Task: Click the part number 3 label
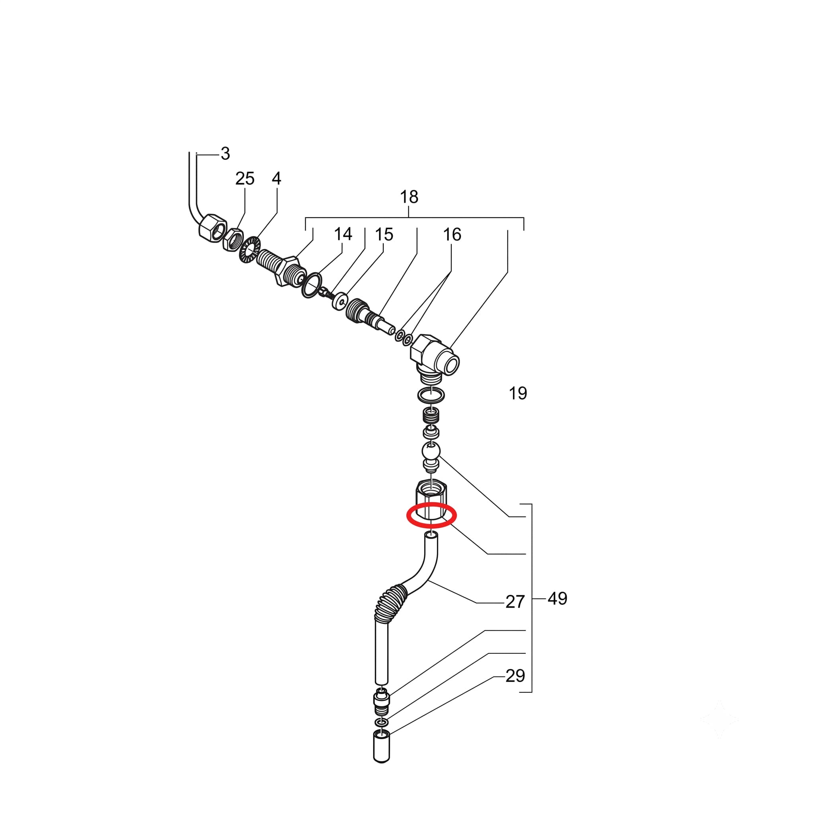225,154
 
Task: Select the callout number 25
245,178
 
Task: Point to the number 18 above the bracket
409,197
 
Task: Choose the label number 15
384,234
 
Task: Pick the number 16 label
452,234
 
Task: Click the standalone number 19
518,393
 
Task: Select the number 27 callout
515,602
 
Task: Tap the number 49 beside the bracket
557,598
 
